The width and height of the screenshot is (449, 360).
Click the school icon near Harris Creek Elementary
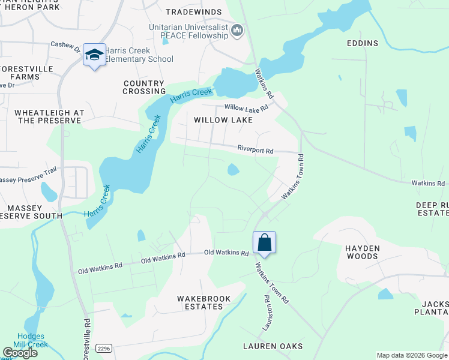click(94, 55)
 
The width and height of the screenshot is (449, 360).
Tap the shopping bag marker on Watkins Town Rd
click(264, 242)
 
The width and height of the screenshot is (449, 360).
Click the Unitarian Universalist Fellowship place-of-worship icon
click(237, 30)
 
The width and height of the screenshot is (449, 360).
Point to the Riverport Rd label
click(255, 148)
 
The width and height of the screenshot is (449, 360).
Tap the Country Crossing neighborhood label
click(144, 87)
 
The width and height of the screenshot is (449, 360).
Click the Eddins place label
click(363, 43)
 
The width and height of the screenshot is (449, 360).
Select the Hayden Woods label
click(361, 252)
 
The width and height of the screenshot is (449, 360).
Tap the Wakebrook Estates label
click(200, 302)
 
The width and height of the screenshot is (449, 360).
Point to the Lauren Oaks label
click(273, 346)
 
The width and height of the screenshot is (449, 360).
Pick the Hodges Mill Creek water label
click(32, 340)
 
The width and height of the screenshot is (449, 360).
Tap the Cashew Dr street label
click(66, 44)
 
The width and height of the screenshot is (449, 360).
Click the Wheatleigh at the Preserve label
click(49, 116)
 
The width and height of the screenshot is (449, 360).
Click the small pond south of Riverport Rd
click(233, 170)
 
